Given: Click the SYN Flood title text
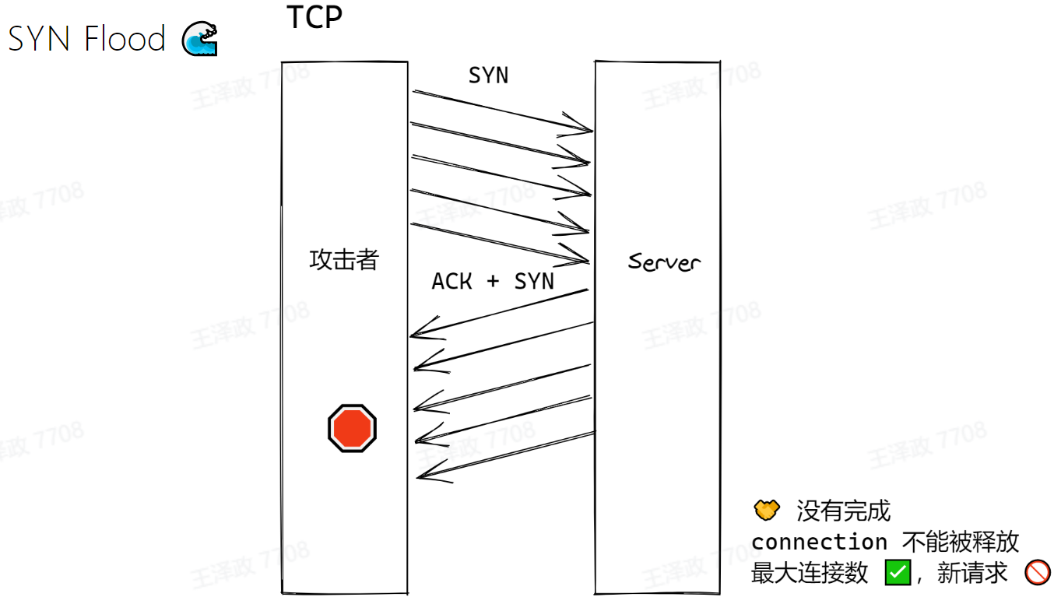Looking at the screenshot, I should pos(86,38).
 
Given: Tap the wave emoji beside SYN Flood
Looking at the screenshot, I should pos(200,39).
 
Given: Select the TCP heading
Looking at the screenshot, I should pos(314,17).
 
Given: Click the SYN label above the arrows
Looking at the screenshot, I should pos(488,76).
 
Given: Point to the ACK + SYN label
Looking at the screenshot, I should pos(493,281).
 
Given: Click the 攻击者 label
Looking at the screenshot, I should pos(344,259).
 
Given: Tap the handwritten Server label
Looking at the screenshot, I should pos(664,262).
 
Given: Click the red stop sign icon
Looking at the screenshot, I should pos(352,428).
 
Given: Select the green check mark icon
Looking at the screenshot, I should pos(898,574).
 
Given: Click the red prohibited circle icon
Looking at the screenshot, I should pos(1038,574).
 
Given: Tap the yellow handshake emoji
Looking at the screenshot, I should pos(767,511).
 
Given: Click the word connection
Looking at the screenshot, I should pos(819,542).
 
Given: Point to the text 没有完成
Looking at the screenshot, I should pos(843,511).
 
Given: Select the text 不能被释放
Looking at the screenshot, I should pos(961,542).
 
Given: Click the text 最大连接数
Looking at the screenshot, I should pos(810,574).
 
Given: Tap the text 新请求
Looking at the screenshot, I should pos(972,574).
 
